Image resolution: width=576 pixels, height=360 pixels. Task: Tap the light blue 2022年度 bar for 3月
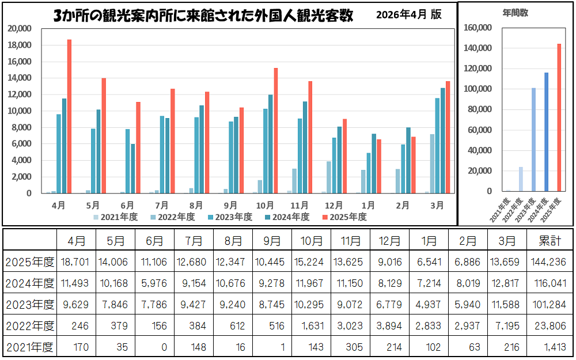click(432, 164)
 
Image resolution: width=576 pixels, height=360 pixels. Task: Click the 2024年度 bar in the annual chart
click(546, 132)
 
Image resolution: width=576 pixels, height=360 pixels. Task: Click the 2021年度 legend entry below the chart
click(115, 217)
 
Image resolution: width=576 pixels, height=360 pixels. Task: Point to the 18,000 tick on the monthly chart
click(20, 45)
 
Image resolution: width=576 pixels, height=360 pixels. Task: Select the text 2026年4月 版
click(408, 15)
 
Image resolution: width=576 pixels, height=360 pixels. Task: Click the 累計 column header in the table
click(550, 240)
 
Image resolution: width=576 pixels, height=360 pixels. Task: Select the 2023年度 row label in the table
click(29, 304)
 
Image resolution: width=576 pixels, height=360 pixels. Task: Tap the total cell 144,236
click(550, 262)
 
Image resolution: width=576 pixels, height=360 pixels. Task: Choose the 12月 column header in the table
click(390, 240)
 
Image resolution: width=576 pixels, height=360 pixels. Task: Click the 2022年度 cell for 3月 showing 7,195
click(507, 326)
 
